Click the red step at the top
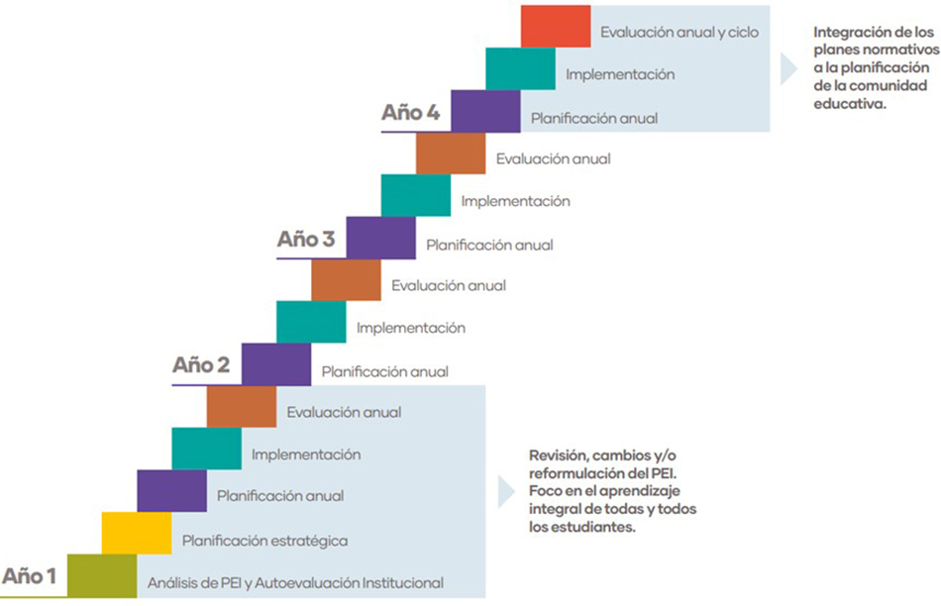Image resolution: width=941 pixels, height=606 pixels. coord(556,27)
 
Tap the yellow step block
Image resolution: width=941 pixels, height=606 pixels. coord(137,534)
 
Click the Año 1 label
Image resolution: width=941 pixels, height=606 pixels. coord(29,575)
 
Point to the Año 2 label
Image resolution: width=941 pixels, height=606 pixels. coord(201,364)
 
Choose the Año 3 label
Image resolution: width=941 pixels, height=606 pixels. coord(306,239)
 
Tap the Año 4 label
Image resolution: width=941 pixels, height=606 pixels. coord(411,112)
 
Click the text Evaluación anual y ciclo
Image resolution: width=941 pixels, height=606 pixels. coord(679,33)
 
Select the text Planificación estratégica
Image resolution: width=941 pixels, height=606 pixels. coord(264,541)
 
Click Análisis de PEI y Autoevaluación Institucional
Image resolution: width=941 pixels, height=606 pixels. coord(294,583)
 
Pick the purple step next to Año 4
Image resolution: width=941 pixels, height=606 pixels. coord(485,111)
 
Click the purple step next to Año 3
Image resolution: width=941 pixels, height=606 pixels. coord(381,238)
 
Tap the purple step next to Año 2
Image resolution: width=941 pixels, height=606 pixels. coord(276,363)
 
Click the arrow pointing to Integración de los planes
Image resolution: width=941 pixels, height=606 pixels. coord(788,68)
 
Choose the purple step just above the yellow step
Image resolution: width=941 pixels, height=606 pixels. coord(171,491)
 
